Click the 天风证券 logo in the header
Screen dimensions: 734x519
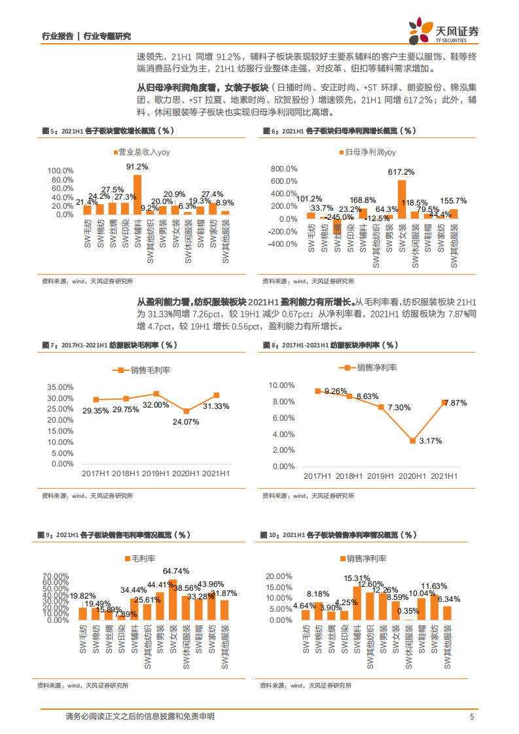point(444,29)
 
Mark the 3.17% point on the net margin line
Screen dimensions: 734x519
point(413,441)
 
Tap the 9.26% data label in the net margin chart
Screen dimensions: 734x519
point(334,391)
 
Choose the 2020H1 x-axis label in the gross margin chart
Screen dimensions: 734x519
point(185,473)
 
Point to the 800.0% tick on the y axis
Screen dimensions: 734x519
point(283,168)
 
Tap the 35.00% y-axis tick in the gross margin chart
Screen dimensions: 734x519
point(60,387)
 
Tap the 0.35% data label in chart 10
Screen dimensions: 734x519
point(407,612)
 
